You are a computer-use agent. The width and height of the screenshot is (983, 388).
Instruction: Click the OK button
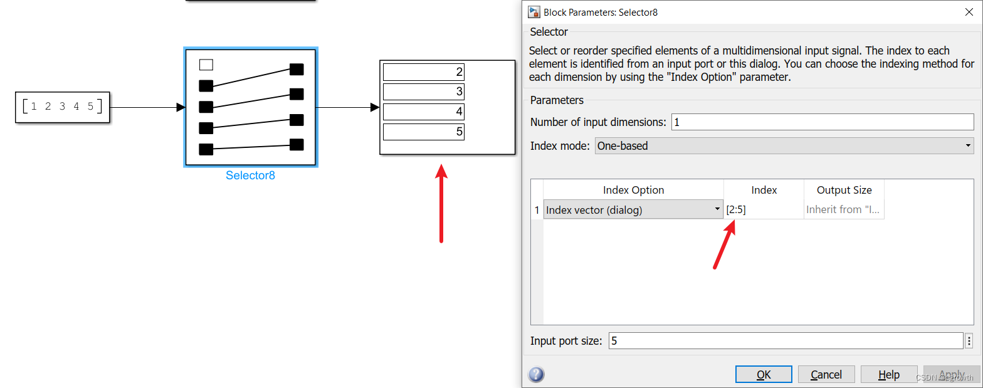[x=764, y=374]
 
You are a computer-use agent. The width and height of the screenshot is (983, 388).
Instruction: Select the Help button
[x=888, y=374]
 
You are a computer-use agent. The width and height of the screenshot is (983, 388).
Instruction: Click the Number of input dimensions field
[x=822, y=122]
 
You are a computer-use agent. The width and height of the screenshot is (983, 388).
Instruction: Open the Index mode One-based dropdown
[x=784, y=146]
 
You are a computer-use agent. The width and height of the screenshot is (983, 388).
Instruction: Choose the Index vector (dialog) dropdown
[x=633, y=210]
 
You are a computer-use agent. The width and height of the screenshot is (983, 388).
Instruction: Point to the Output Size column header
[x=844, y=190]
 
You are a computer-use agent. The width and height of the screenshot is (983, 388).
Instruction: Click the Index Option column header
[x=633, y=190]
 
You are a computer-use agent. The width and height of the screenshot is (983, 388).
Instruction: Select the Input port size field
[x=785, y=341]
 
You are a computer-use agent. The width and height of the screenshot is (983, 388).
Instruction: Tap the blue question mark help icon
[x=536, y=375]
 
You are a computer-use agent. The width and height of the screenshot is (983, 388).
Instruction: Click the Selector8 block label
[x=250, y=176]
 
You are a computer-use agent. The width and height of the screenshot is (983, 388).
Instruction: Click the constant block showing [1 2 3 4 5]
[x=62, y=107]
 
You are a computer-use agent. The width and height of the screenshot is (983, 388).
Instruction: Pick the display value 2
[x=424, y=72]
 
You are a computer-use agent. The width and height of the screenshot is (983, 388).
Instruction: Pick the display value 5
[x=424, y=132]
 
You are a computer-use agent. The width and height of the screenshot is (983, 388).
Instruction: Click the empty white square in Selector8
[x=206, y=65]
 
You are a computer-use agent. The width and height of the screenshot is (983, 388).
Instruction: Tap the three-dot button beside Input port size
[x=969, y=341]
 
